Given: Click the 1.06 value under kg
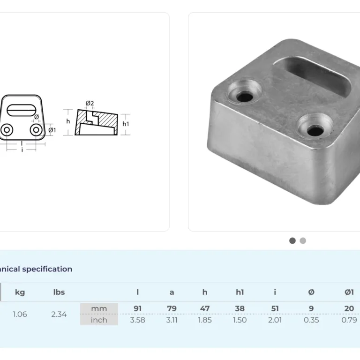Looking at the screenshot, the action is [20, 314].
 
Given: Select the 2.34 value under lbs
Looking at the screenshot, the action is [59, 314].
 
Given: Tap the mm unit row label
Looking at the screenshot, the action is [99, 308].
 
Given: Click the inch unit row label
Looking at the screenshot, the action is [99, 320].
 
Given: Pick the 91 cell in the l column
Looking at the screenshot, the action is [137, 308].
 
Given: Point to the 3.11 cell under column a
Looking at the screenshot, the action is [172, 320].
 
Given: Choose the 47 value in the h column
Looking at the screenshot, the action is [205, 308].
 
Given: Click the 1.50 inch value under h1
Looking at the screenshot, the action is [240, 320].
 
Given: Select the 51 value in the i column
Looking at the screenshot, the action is [275, 308].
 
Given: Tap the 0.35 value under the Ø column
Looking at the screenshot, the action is [311, 320].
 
